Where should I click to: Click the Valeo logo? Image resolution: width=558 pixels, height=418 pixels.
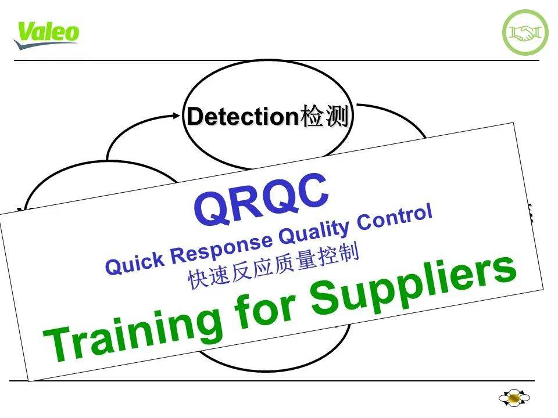click(x=46, y=35)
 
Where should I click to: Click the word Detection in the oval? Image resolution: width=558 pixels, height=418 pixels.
click(x=242, y=117)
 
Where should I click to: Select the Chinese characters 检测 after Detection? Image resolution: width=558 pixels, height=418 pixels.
click(x=324, y=117)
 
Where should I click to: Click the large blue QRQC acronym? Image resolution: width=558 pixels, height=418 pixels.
click(x=261, y=201)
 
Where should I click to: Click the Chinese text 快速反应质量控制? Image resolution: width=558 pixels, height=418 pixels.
click(x=274, y=264)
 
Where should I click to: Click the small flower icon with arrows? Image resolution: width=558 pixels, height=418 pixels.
click(x=514, y=398)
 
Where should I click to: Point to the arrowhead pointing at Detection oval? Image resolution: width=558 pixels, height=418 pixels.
click(x=177, y=116)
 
